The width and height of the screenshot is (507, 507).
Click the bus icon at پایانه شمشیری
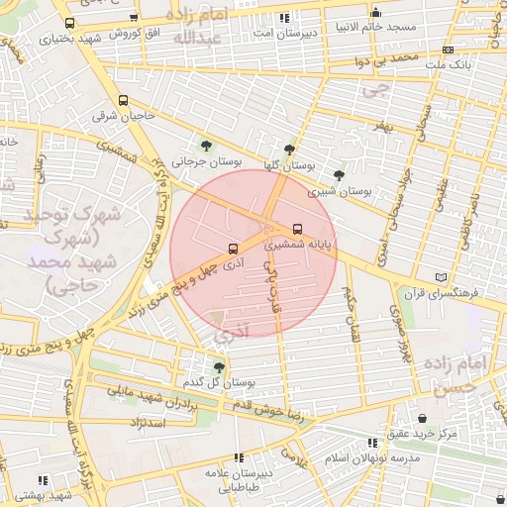pyautogui.click(x=298, y=229)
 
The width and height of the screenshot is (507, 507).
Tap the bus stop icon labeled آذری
pyautogui.click(x=233, y=249)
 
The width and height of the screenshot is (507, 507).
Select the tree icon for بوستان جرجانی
pyautogui.click(x=206, y=145)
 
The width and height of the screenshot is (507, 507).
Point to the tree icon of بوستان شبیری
pyautogui.click(x=339, y=174)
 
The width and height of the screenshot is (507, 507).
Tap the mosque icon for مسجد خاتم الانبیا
pyautogui.click(x=375, y=13)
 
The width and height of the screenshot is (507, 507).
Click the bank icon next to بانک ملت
pyautogui.click(x=449, y=49)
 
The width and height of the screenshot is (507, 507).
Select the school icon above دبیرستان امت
pyautogui.click(x=285, y=18)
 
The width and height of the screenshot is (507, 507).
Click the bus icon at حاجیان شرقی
pyautogui.click(x=123, y=100)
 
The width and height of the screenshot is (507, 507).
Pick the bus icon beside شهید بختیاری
pyautogui.click(x=68, y=23)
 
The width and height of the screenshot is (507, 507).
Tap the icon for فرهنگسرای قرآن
pyautogui.click(x=442, y=278)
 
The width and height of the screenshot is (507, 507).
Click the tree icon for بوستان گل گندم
pyautogui.click(x=219, y=366)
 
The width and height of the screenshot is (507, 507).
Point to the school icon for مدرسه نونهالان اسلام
pyautogui.click(x=372, y=443)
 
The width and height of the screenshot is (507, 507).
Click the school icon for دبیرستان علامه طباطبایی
pyautogui.click(x=238, y=457)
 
